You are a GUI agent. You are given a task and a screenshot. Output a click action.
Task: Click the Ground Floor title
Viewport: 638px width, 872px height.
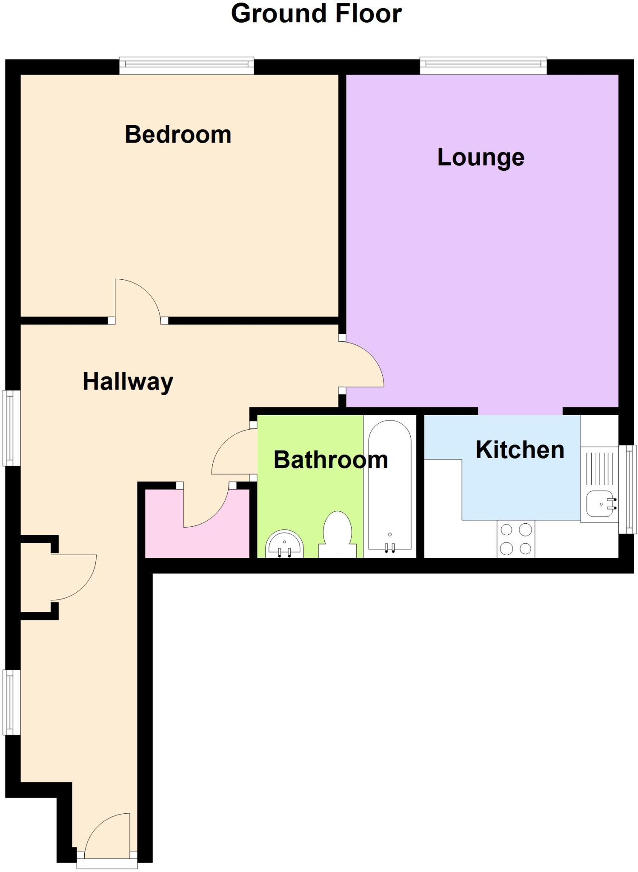[x=316, y=14]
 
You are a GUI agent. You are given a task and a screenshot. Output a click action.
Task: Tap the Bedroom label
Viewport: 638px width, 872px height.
[x=178, y=135]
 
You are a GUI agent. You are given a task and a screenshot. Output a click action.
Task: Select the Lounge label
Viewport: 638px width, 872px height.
[x=481, y=158]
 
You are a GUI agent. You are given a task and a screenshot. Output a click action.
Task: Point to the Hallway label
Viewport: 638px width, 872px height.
[x=128, y=381]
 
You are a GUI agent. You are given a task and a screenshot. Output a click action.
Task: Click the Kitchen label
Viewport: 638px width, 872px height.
[x=520, y=450]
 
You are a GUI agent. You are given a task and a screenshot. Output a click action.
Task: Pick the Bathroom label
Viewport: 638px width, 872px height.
[x=331, y=460]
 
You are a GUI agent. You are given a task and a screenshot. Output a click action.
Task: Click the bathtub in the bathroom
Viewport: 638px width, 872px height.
[x=389, y=485]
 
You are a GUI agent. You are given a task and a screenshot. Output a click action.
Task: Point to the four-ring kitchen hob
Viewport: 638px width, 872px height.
[x=516, y=539]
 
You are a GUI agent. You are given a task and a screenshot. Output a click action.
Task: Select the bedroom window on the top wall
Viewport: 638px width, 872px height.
[x=186, y=66]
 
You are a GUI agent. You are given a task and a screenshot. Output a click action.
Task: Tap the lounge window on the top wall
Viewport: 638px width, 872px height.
[x=483, y=66]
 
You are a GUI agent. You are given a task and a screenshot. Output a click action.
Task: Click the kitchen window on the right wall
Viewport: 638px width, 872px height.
[x=628, y=489]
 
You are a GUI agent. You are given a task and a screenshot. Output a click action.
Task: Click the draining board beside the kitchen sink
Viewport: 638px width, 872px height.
[x=599, y=468]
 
